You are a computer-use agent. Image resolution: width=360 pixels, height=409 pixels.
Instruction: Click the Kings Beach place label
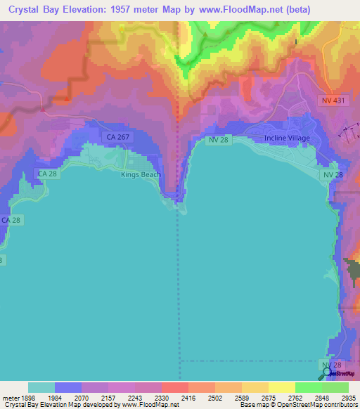click(x=141, y=175)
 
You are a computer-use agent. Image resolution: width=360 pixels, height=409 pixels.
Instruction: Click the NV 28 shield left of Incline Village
click(x=219, y=141)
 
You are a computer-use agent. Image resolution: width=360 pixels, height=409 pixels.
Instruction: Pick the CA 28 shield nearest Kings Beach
click(x=48, y=174)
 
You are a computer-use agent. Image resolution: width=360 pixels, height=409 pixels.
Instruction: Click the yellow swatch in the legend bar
click(x=281, y=387)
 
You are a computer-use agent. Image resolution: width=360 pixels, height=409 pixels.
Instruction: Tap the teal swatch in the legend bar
click(x=41, y=387)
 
